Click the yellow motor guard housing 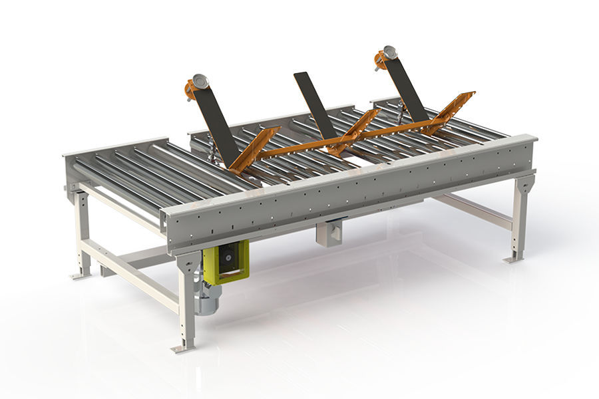coord(227,261)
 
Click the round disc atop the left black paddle coord(199,82)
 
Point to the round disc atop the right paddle coord(387,54)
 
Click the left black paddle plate coord(217,123)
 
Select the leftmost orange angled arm coord(254,150)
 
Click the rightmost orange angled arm coord(453,110)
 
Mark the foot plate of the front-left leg coord(182,348)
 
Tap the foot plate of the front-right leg coord(513,259)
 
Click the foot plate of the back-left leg coord(81,274)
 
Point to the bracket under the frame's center coord(331,233)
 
